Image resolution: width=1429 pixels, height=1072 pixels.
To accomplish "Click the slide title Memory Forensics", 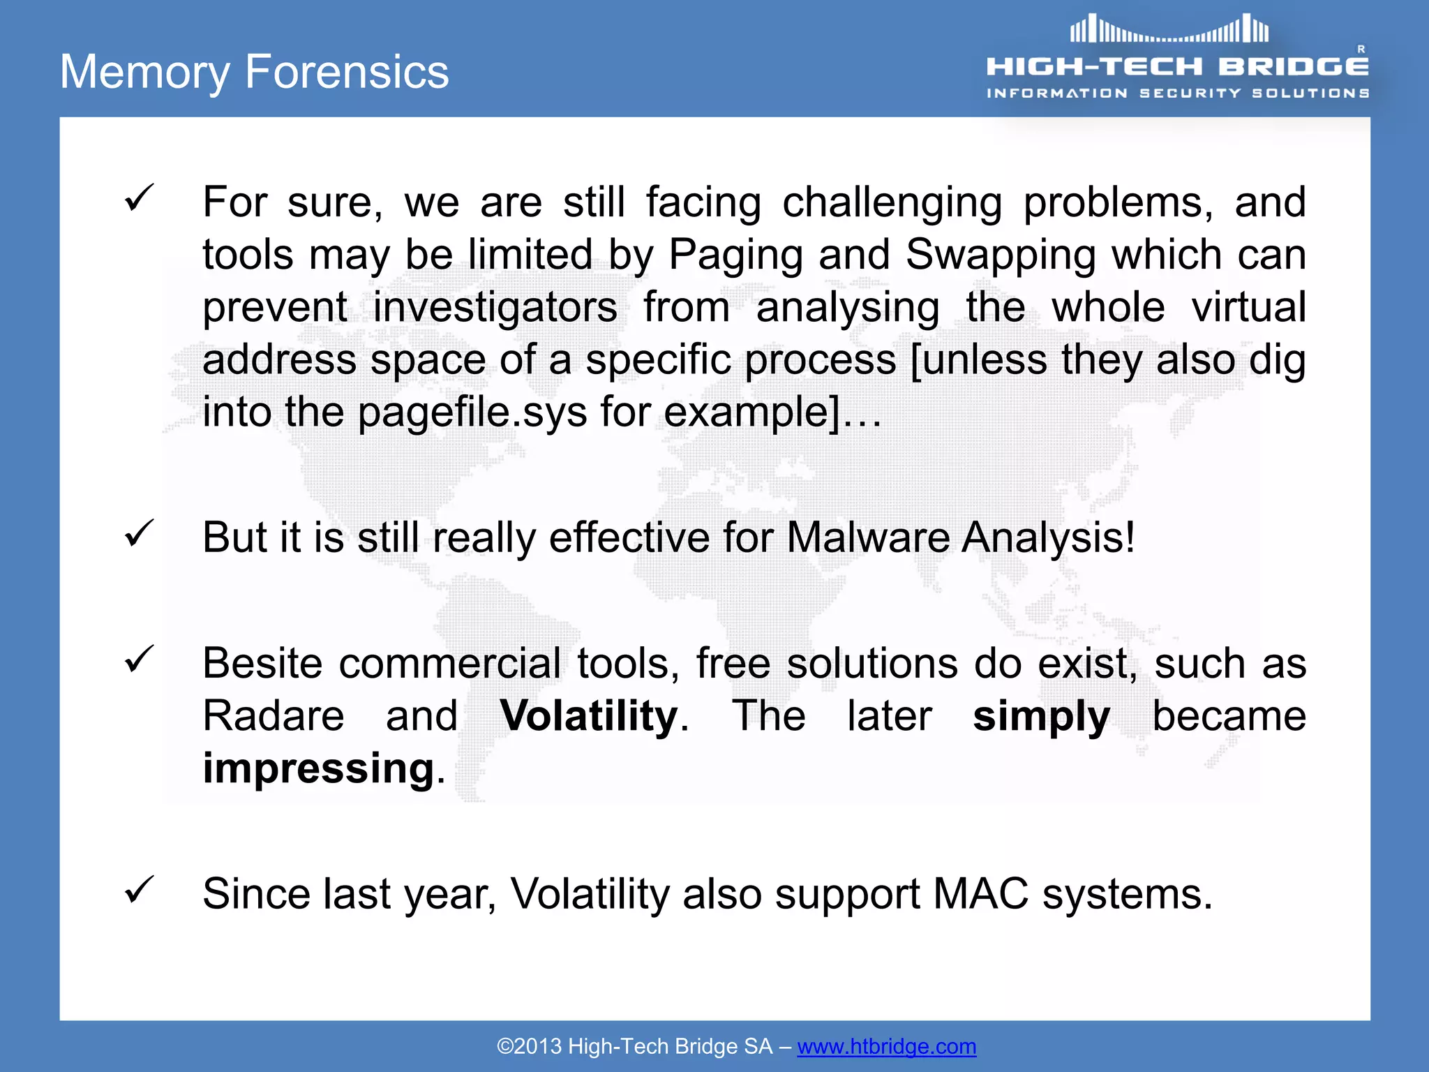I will pos(254,72).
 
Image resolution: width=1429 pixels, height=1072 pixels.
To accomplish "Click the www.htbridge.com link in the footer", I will pos(886,1046).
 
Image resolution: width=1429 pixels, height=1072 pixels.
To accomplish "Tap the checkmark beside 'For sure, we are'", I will pos(139,198).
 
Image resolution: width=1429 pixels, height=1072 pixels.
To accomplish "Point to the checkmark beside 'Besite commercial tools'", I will pos(139,659).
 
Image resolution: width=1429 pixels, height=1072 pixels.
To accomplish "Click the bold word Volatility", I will pos(589,716).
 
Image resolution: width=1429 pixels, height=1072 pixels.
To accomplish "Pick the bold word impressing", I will pos(319,768).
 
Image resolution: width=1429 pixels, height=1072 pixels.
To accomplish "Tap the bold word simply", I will pos(1041,716).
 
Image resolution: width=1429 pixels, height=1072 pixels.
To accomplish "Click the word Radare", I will pos(274,716).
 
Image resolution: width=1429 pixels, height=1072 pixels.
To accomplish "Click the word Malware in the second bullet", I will pos(867,537).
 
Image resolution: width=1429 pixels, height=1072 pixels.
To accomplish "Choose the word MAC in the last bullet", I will pos(980,893).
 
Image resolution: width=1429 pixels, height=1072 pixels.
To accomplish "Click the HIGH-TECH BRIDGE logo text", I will pos(1177,66).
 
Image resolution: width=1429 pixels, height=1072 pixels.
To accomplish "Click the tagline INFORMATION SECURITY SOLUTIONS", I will pos(1177,93).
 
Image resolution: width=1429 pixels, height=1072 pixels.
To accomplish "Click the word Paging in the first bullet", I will pos(735,255).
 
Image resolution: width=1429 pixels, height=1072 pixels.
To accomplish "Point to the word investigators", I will pos(495,307).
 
